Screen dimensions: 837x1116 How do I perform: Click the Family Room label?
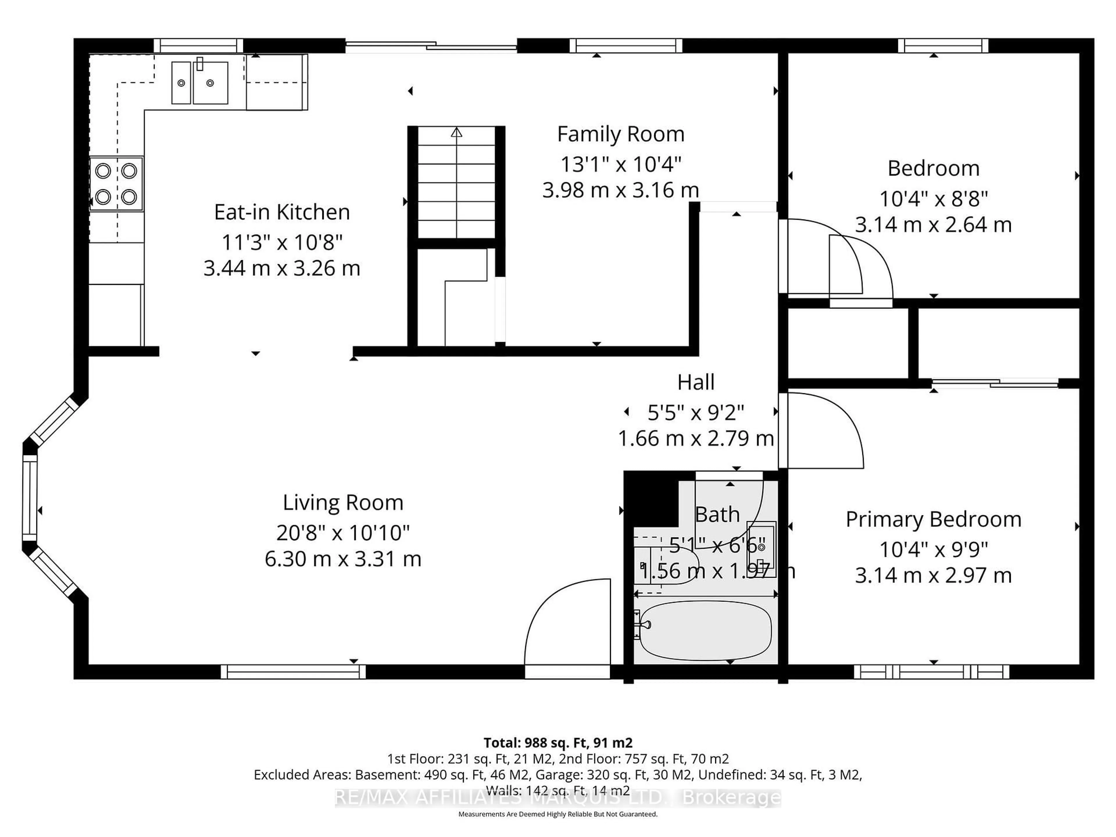coord(620,134)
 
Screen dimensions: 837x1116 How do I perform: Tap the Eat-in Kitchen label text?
coord(282,212)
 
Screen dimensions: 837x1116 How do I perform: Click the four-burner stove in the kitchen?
coord(116,184)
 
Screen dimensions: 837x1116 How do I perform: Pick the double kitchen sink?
coord(200,83)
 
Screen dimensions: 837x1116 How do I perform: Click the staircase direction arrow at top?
coord(457,133)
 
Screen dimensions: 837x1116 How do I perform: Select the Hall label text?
coord(696,382)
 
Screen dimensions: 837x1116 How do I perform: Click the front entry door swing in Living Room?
coord(568,626)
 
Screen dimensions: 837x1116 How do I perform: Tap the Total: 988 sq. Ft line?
coord(557,743)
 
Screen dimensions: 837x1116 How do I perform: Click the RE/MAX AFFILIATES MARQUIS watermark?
coord(557,798)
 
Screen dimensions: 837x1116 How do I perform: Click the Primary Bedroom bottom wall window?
coord(931,672)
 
